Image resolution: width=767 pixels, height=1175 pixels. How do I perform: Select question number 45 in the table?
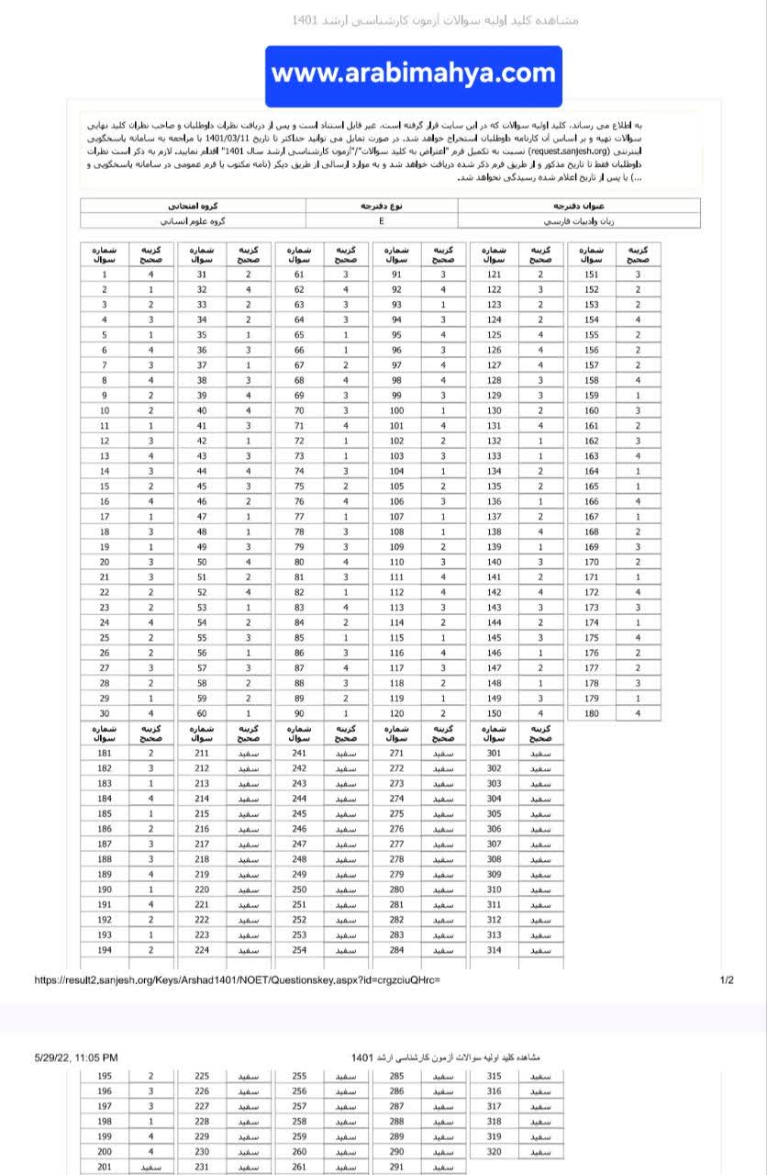(x=202, y=487)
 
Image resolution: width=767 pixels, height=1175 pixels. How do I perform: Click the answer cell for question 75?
(x=346, y=487)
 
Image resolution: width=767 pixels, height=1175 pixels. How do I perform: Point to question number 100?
(x=396, y=410)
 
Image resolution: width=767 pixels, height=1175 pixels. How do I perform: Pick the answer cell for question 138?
(x=540, y=532)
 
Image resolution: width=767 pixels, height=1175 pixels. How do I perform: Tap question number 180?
(x=592, y=713)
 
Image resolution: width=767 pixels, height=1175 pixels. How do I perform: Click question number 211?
(x=202, y=753)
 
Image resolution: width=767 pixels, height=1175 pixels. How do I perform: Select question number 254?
(x=299, y=950)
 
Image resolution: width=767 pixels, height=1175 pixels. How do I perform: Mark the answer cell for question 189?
(x=150, y=874)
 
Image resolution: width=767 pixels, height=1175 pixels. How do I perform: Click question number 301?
(x=495, y=753)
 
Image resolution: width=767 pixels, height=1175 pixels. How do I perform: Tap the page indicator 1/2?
(x=727, y=980)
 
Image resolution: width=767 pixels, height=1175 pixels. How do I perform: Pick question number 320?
(x=495, y=1151)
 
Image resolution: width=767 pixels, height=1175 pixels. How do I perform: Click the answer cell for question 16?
(x=150, y=501)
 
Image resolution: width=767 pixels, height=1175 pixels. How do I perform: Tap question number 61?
(x=299, y=274)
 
